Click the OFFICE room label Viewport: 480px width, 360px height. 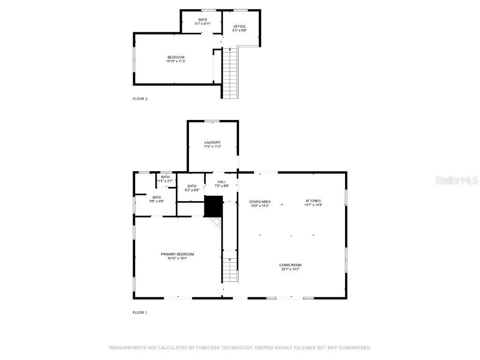[240, 26]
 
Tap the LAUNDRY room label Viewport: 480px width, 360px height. [212, 142]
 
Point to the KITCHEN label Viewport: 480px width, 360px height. [313, 201]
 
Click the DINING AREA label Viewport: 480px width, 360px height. [260, 202]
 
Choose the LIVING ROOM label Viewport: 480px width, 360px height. [291, 265]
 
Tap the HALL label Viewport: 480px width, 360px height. [222, 182]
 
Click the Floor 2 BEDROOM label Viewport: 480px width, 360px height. [176, 57]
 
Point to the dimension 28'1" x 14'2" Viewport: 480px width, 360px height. [291, 269]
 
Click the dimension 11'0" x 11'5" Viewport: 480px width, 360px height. [212, 147]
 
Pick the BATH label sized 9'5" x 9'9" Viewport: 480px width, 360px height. [157, 197]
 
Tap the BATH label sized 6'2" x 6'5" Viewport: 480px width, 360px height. [192, 186]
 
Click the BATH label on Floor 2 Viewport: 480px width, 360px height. [202, 20]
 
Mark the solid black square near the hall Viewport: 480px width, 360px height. [213, 206]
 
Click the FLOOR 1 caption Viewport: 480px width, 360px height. [140, 312]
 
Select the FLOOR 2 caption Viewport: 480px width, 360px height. [140, 99]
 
